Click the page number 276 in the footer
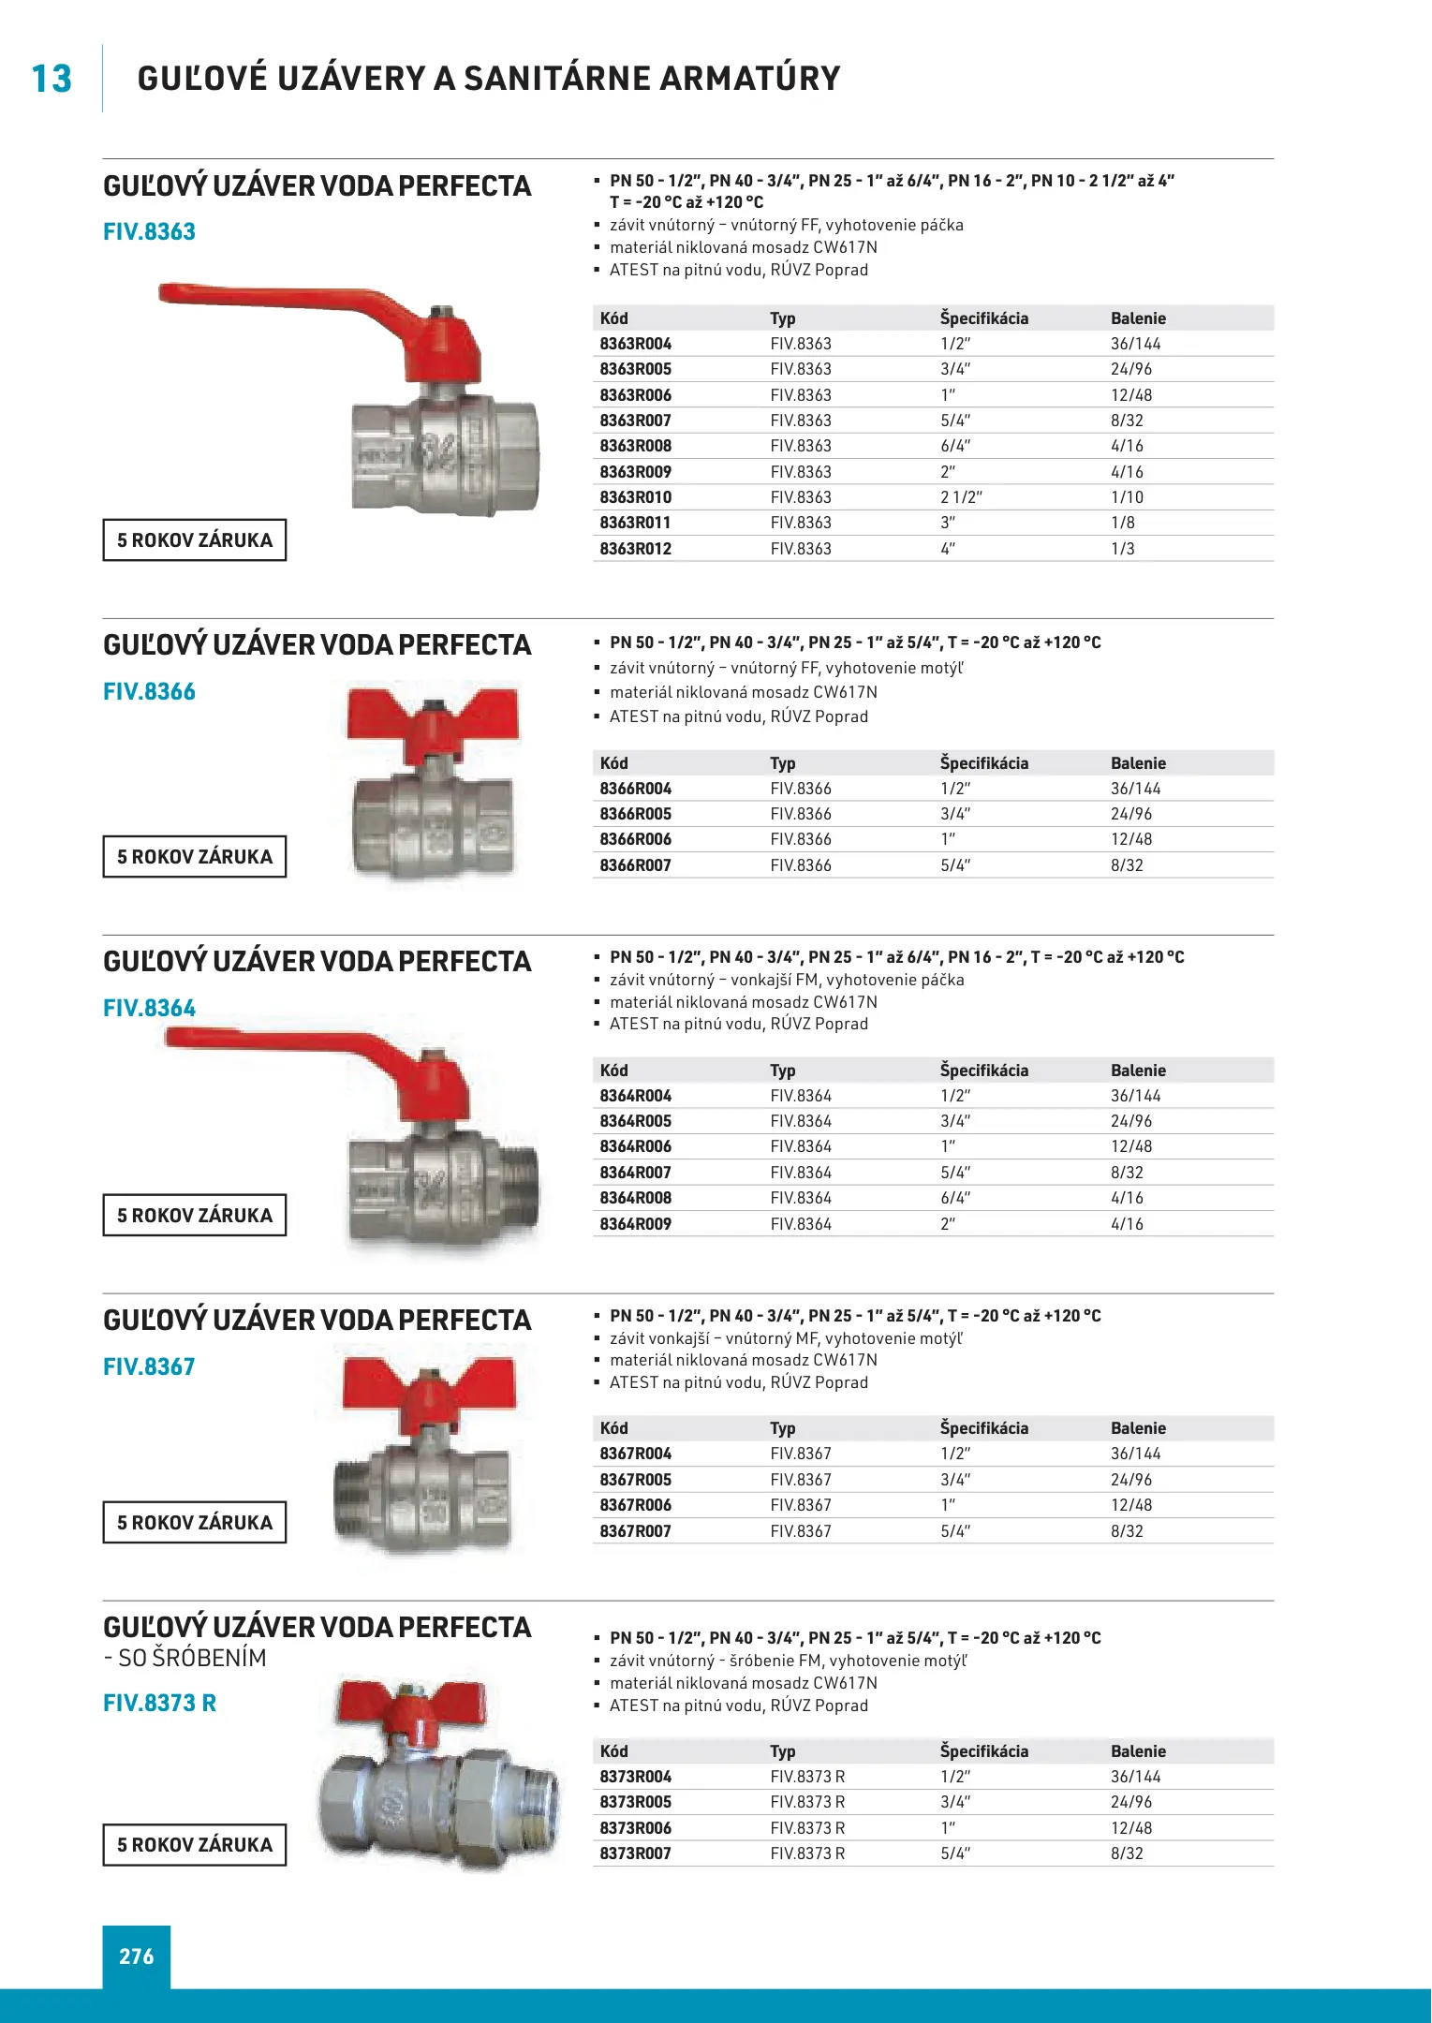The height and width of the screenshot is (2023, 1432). [137, 1957]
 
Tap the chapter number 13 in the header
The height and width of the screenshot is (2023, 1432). [52, 80]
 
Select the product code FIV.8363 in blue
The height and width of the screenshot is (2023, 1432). [149, 231]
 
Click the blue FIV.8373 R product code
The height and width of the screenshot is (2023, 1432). [159, 1703]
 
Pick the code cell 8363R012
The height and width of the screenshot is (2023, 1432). [636, 549]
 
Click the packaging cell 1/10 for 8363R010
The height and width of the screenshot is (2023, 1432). [1127, 497]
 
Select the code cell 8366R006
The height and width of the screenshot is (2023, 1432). [636, 839]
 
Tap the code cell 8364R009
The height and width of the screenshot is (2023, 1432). [636, 1224]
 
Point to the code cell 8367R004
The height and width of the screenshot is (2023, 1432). [636, 1454]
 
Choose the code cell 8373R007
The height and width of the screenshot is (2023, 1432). [636, 1853]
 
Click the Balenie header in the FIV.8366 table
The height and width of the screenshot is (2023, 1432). [1138, 763]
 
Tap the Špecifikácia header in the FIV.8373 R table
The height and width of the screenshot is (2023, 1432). [983, 1751]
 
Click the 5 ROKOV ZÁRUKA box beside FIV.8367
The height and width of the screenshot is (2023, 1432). [195, 1523]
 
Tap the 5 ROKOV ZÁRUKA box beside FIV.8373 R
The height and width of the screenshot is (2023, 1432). [195, 1845]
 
